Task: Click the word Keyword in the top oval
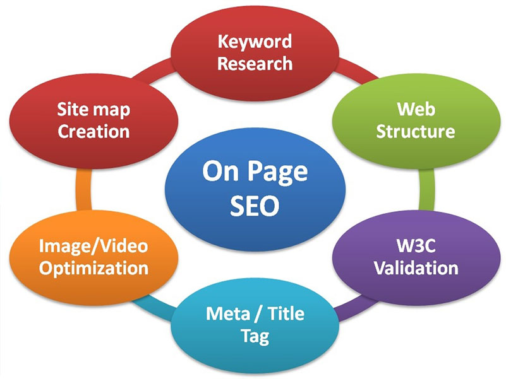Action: (x=255, y=41)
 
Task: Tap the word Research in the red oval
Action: (x=255, y=63)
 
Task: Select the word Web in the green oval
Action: (x=416, y=109)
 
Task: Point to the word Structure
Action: (x=416, y=132)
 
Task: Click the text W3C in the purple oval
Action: (x=416, y=245)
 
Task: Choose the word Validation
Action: (x=416, y=268)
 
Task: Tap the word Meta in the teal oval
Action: (x=228, y=313)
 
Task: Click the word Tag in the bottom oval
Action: (x=255, y=337)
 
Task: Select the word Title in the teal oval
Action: (x=286, y=313)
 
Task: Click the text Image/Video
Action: (x=93, y=246)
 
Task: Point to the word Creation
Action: (x=93, y=132)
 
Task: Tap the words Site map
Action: (x=93, y=110)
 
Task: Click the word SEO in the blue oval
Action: (x=255, y=206)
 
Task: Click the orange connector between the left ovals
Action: (x=83, y=190)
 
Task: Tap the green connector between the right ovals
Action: (x=426, y=190)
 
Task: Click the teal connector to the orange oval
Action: (x=154, y=308)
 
